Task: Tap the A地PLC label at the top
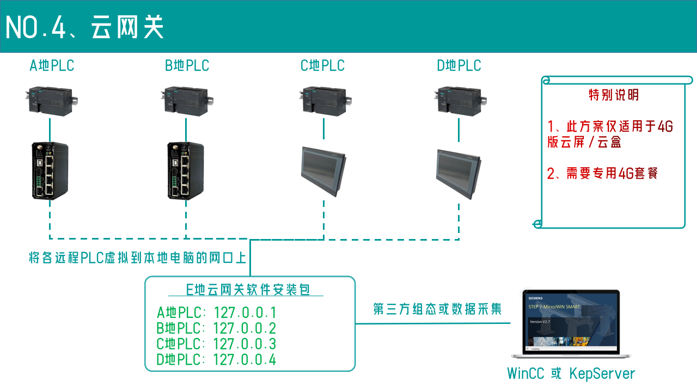pos(52,66)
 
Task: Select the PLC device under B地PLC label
pos(187,101)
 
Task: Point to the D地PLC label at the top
pos(459,66)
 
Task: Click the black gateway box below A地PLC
pos(50,170)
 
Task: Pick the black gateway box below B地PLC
pos(185,170)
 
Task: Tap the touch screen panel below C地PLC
pos(323,170)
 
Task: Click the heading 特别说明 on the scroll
pos(614,95)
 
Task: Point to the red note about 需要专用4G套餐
pos(603,174)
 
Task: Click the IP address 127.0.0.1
pos(245,313)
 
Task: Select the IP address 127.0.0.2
pos(245,328)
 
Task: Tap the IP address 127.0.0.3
pos(245,344)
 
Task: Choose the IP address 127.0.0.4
pos(245,360)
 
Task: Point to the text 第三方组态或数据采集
pos(437,309)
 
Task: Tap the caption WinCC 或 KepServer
pos(571,374)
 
